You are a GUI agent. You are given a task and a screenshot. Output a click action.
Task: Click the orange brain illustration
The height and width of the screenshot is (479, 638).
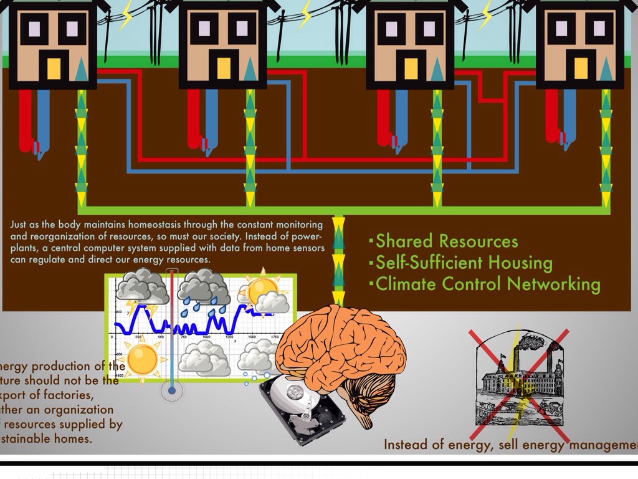[x=340, y=349]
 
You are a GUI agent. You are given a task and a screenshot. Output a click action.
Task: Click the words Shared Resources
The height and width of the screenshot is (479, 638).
[x=446, y=241]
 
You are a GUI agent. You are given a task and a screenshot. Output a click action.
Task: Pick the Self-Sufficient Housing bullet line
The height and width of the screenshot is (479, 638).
[x=464, y=263]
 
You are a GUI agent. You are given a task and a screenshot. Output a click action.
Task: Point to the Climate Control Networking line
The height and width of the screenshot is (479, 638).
[x=488, y=284]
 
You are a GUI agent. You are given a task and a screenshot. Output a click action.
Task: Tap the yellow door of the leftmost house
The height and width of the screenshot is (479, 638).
[x=54, y=68]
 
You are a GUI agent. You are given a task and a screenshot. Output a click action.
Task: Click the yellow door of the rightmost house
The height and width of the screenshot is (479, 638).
[x=581, y=68]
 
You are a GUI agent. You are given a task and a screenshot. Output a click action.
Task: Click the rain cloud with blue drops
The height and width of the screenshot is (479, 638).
[x=202, y=289]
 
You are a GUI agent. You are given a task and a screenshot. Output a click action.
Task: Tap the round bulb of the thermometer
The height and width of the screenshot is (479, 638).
[x=171, y=391]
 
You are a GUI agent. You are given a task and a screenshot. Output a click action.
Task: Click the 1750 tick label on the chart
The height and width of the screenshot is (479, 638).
[x=274, y=337]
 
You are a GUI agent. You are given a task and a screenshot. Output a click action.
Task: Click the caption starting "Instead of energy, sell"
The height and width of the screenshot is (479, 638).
[x=510, y=445]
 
